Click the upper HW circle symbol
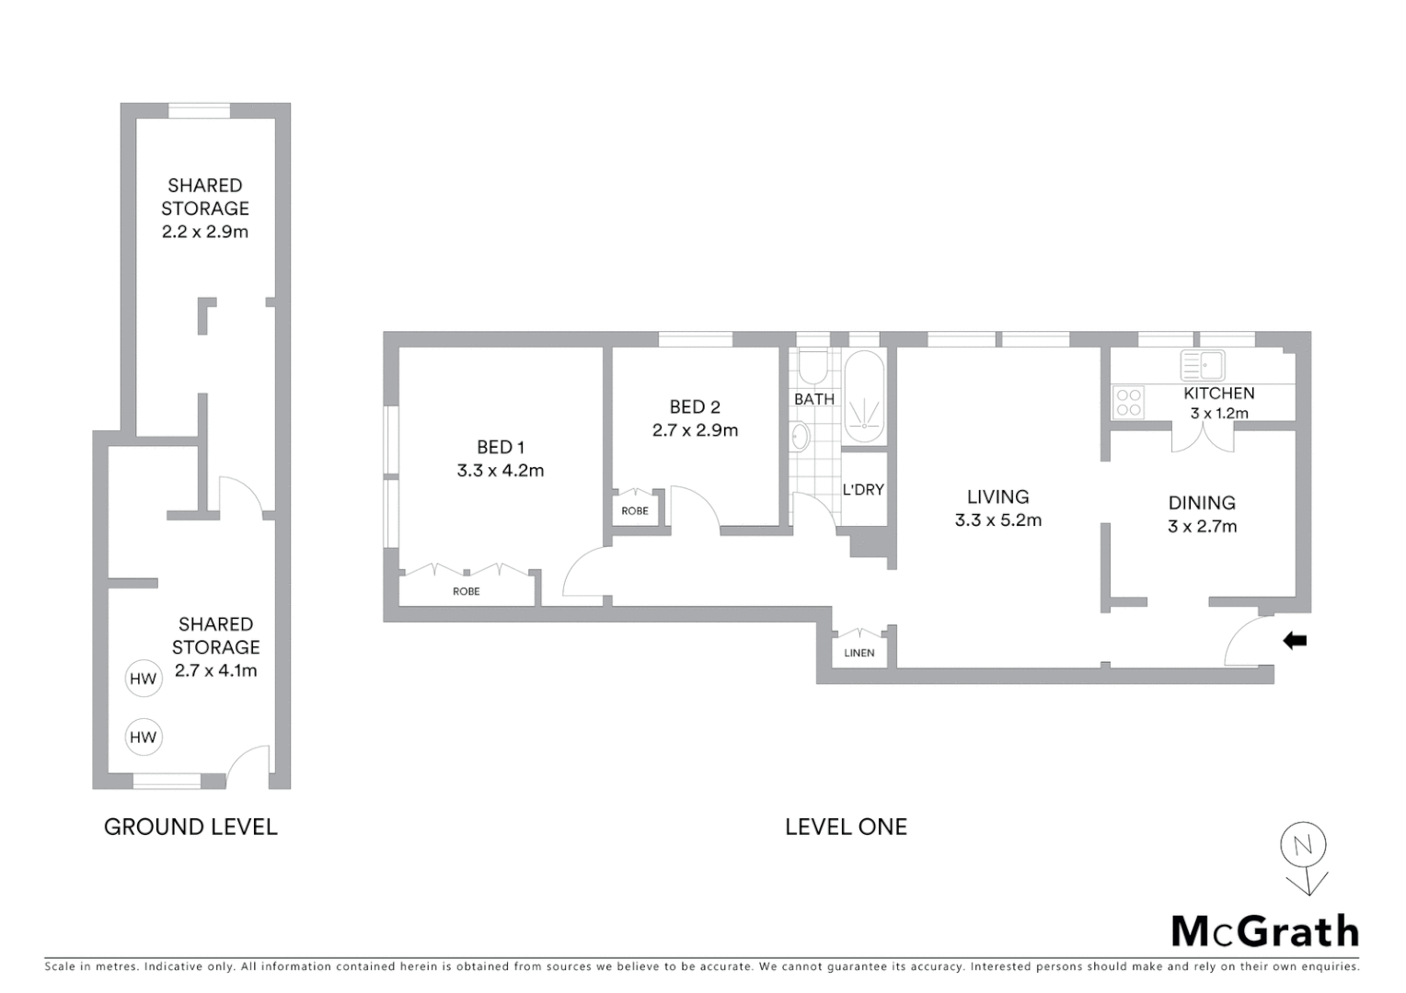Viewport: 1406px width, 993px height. (x=143, y=679)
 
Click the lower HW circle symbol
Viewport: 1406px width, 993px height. (x=143, y=737)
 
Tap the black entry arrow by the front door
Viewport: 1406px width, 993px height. (x=1295, y=641)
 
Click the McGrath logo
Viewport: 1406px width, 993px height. (x=1264, y=931)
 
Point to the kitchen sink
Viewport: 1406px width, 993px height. (x=1202, y=365)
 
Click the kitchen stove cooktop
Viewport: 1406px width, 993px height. (x=1128, y=403)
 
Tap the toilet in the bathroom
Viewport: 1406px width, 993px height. (x=812, y=368)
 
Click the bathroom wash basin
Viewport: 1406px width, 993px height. (x=801, y=437)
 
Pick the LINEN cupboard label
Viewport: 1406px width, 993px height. (x=859, y=653)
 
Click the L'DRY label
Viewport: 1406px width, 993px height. (x=863, y=490)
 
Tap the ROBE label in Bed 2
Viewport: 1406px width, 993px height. (x=635, y=511)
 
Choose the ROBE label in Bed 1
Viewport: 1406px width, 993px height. (x=467, y=591)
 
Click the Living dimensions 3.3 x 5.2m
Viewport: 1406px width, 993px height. (x=998, y=520)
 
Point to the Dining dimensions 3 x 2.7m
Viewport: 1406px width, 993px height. (x=1202, y=527)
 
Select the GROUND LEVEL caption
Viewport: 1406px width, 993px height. (x=190, y=827)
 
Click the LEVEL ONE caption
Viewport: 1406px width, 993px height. (x=846, y=827)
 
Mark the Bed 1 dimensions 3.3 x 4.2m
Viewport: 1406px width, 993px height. (x=501, y=471)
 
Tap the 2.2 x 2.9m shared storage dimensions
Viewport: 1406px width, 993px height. (x=205, y=232)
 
